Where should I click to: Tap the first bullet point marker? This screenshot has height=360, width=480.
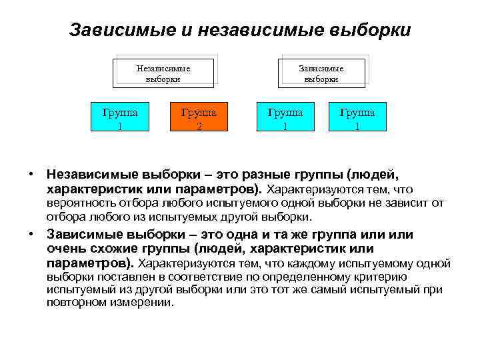pos(31,175)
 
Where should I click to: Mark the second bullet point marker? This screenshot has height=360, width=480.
pos(31,235)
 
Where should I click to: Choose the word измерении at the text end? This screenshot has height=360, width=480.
pos(139,302)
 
